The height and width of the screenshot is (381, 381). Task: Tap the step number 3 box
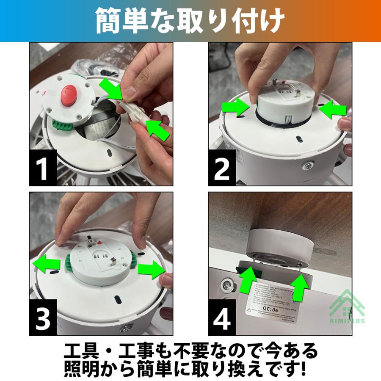coord(42,318)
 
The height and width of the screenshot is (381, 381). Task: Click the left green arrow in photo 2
coord(235,107)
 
